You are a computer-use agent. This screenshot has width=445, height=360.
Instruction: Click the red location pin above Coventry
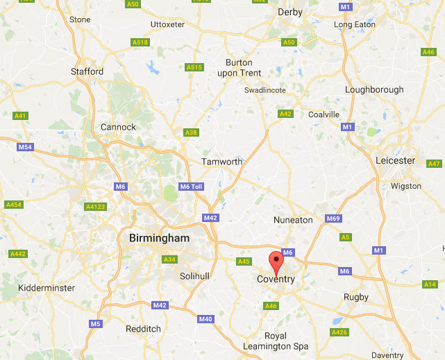coord(277,263)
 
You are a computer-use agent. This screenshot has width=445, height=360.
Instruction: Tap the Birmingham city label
coord(159,238)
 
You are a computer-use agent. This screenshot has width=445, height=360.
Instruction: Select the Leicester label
coord(395,160)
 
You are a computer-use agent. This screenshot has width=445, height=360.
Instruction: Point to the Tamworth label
coord(222,162)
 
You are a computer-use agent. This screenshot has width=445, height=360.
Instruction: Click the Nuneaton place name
coord(292,220)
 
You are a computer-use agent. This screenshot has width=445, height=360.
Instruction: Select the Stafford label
coord(87,71)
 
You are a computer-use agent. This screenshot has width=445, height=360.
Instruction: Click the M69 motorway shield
coord(333,219)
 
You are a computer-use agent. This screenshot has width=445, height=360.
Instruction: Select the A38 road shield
coord(191,132)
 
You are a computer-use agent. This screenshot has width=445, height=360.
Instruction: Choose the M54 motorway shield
coord(26,147)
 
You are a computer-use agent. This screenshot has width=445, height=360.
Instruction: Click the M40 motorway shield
coord(205,319)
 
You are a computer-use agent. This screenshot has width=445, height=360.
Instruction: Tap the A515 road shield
coord(194,67)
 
